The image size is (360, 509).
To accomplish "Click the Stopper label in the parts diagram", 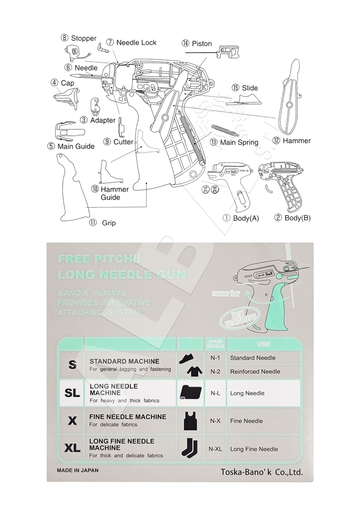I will pyautogui.click(x=79, y=38).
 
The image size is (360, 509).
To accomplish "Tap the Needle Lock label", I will pyautogui.click(x=132, y=43).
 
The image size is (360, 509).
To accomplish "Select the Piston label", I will pyautogui.click(x=197, y=44).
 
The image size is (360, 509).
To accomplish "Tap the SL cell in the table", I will pyautogui.click(x=72, y=393).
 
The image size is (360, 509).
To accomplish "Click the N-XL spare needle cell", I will pyautogui.click(x=215, y=449).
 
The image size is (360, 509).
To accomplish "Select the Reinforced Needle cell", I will pyautogui.click(x=255, y=371).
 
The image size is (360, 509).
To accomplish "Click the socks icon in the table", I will pyautogui.click(x=189, y=448).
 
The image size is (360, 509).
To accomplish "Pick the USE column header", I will pyautogui.click(x=264, y=344).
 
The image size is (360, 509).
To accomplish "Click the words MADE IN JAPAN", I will pyautogui.click(x=78, y=470).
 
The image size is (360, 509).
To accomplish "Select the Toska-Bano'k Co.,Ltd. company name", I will pyautogui.click(x=262, y=472).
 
